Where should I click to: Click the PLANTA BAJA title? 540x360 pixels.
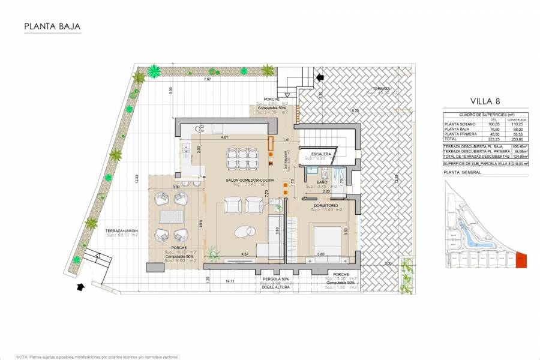click(52, 26)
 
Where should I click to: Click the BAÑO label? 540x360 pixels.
click(322, 182)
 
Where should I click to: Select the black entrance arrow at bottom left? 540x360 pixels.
click(81, 287)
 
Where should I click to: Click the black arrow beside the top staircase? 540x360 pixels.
click(320, 77)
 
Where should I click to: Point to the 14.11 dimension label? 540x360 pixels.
click(230, 280)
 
